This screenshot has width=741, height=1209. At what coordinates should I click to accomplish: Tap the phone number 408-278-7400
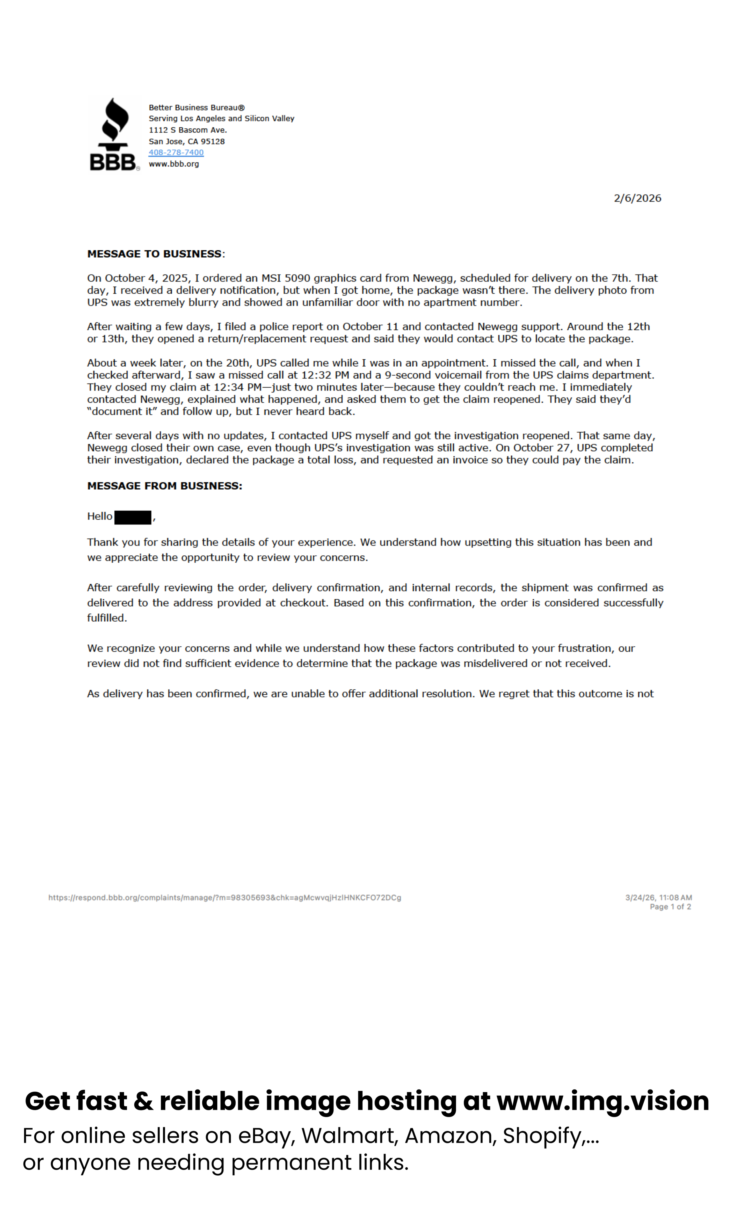pyautogui.click(x=176, y=153)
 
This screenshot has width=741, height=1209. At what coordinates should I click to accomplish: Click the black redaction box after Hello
pyautogui.click(x=133, y=517)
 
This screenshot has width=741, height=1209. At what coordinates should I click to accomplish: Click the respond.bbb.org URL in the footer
pyautogui.click(x=225, y=897)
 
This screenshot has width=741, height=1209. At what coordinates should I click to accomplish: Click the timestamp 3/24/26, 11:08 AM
pyautogui.click(x=658, y=897)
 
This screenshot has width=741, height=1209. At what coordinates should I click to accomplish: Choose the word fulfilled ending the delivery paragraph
pyautogui.click(x=106, y=618)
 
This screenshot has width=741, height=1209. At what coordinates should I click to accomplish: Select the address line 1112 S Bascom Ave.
pyautogui.click(x=188, y=130)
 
